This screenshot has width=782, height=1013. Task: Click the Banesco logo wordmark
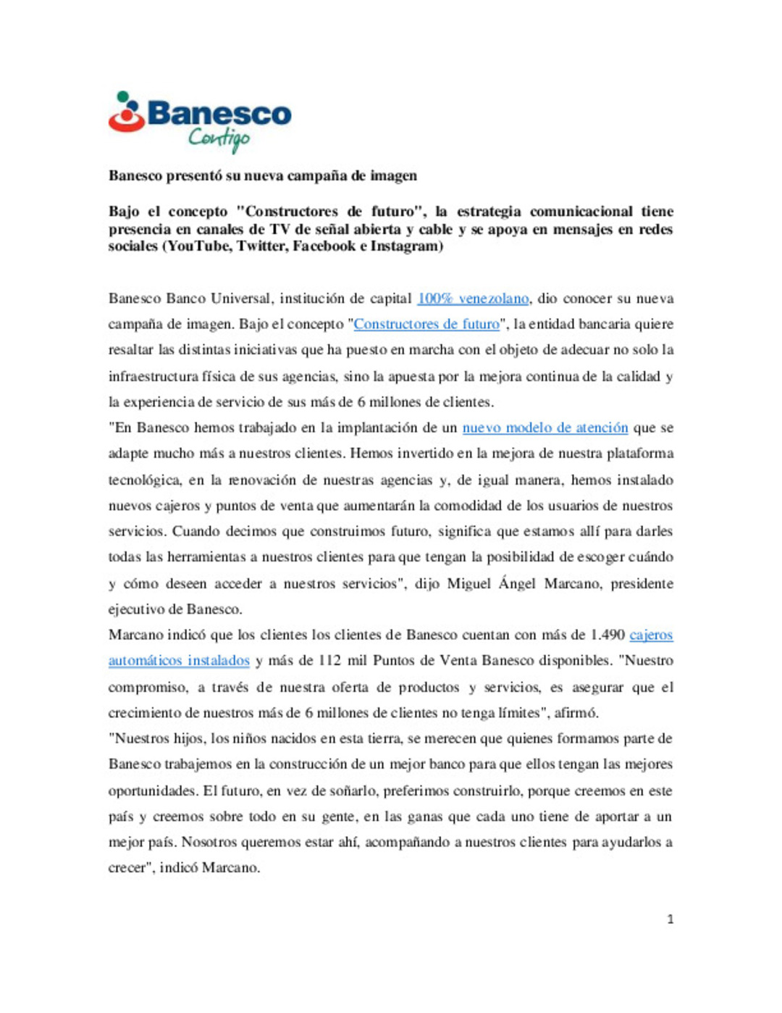click(x=219, y=114)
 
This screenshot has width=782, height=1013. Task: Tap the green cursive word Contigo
click(x=219, y=138)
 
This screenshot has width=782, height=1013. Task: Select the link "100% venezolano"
click(x=473, y=299)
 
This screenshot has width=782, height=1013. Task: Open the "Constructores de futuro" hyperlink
click(x=426, y=324)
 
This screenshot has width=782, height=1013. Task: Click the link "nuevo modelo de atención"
click(x=545, y=428)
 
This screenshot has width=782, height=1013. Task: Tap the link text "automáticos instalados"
click(x=179, y=661)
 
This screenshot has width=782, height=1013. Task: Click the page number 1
click(x=670, y=920)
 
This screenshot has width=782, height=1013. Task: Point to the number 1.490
click(x=607, y=635)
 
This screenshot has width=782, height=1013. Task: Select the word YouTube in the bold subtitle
click(x=197, y=246)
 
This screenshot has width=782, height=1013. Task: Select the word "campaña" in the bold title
click(x=317, y=175)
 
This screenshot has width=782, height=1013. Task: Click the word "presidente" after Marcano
click(x=642, y=583)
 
